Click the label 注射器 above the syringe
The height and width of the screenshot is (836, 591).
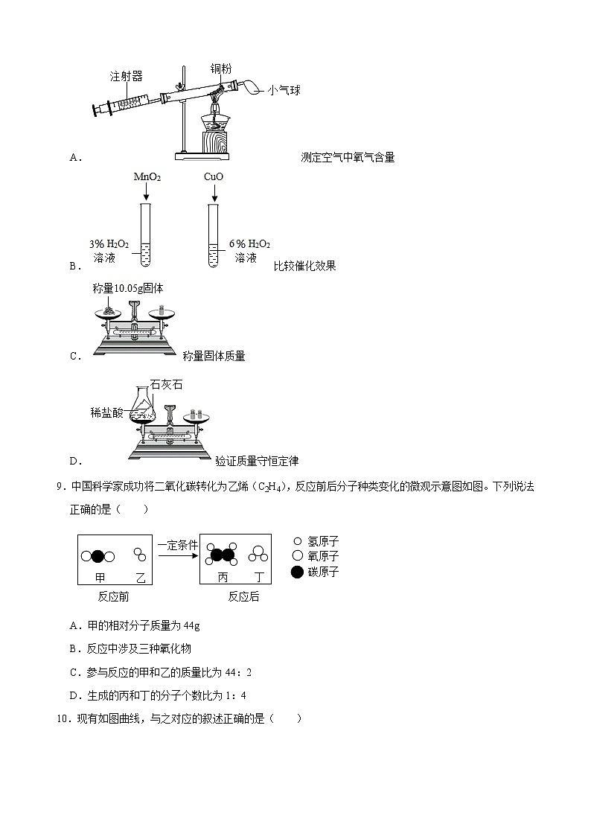(126, 76)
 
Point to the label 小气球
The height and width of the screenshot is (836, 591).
(284, 90)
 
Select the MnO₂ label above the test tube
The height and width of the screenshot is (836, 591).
(147, 177)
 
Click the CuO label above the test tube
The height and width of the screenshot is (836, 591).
(214, 177)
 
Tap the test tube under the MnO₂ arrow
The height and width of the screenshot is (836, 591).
(146, 236)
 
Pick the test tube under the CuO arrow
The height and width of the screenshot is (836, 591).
(214, 236)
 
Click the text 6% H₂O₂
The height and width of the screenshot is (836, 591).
(249, 244)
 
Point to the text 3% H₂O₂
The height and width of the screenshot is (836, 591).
(109, 244)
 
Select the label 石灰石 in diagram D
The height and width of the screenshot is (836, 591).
(166, 385)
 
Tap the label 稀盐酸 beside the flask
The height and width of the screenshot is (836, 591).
(108, 412)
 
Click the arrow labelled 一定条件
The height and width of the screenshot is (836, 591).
(178, 555)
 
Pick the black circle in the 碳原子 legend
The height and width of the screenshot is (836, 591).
(298, 572)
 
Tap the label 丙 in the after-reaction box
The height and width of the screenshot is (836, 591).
(223, 578)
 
